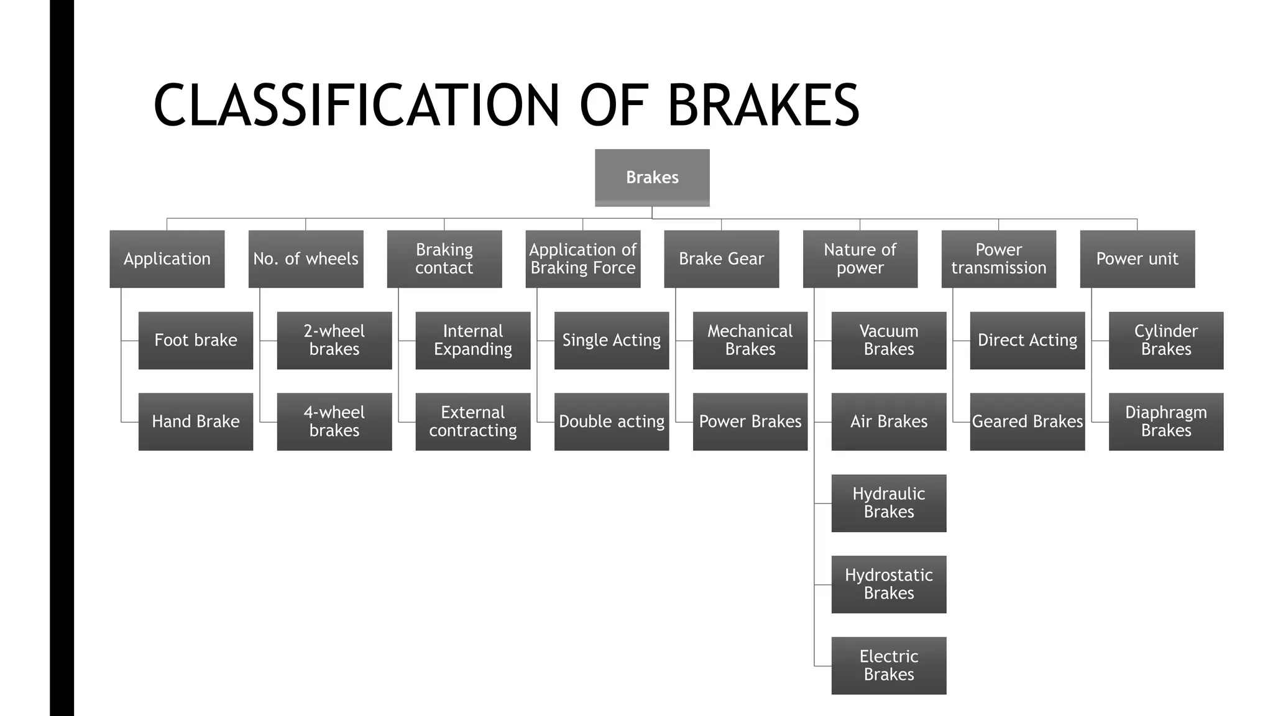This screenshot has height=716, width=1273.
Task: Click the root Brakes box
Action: pyautogui.click(x=652, y=178)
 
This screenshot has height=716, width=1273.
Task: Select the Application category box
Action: pyautogui.click(x=167, y=259)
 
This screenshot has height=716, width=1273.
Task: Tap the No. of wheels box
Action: pyautogui.click(x=306, y=259)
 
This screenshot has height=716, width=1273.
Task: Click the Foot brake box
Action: pyautogui.click(x=196, y=341)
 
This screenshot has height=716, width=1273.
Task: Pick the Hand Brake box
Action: pyautogui.click(x=196, y=421)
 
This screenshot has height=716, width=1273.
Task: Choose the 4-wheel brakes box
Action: pyautogui.click(x=334, y=421)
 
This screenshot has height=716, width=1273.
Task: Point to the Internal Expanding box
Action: pyautogui.click(x=473, y=341)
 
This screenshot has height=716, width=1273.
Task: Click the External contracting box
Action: pyautogui.click(x=473, y=421)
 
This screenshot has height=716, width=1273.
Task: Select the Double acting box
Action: pyautogui.click(x=612, y=421)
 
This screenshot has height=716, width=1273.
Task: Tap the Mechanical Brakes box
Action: pyautogui.click(x=750, y=341)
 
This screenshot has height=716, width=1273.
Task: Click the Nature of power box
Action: pyautogui.click(x=860, y=259)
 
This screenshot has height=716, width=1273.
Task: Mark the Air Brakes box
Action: pyautogui.click(x=889, y=421)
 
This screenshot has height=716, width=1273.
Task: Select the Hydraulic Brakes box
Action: pyautogui.click(x=889, y=503)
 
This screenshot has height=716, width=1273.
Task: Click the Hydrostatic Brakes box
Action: pyautogui.click(x=889, y=584)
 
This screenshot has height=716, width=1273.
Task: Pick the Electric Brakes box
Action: pyautogui.click(x=889, y=666)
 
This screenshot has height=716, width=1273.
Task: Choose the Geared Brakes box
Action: pyautogui.click(x=1027, y=421)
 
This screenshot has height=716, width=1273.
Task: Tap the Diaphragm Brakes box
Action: pyautogui.click(x=1166, y=421)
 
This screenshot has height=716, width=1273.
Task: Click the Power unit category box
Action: pyautogui.click(x=1137, y=259)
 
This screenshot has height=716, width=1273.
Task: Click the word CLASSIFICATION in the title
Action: pyautogui.click(x=357, y=106)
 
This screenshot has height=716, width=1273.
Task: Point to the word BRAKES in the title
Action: pyautogui.click(x=763, y=106)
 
